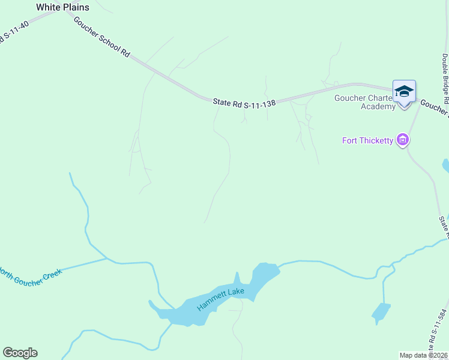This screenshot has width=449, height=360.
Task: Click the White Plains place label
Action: click(62, 7)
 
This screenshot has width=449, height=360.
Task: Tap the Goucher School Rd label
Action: click(101, 36)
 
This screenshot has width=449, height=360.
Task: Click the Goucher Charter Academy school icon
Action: click(404, 92)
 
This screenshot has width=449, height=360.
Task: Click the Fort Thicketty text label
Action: click(367, 141)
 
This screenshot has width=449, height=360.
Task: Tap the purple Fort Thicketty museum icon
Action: click(403, 141)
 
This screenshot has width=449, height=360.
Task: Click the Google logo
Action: click(20, 353)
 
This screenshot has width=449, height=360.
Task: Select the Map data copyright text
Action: click(424, 355)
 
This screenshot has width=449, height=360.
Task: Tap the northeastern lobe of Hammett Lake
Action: click(264, 275)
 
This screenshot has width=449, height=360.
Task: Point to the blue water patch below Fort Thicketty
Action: click(445, 165)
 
